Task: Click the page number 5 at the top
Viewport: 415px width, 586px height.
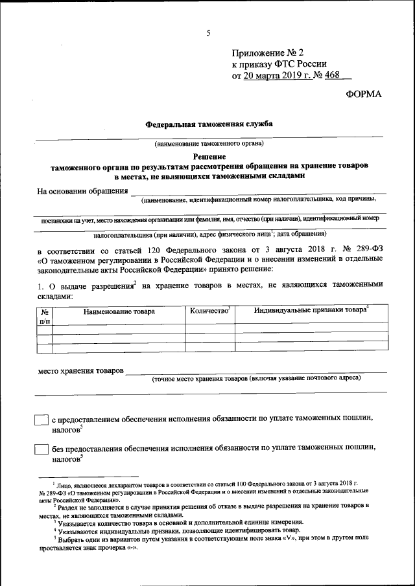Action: (208, 33)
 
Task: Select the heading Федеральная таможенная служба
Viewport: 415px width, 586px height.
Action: (208, 123)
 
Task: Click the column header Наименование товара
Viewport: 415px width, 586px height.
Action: (119, 311)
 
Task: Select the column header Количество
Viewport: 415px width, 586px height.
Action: (209, 311)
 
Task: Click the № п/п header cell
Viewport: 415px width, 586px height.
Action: (45, 315)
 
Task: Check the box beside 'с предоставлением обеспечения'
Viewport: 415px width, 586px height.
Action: (41, 420)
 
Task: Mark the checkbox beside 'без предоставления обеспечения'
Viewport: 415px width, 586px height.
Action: (41, 449)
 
